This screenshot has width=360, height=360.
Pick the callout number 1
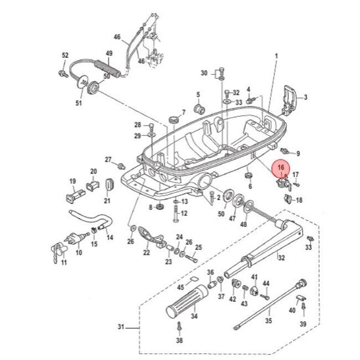pyautogui.click(x=276, y=55)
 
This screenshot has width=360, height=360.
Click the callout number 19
pyautogui.click(x=72, y=181)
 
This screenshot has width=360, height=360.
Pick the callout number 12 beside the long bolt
pyautogui.click(x=184, y=213)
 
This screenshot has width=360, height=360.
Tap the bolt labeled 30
pyautogui.click(x=222, y=71)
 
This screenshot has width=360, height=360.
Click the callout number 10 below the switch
pyautogui.click(x=78, y=253)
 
